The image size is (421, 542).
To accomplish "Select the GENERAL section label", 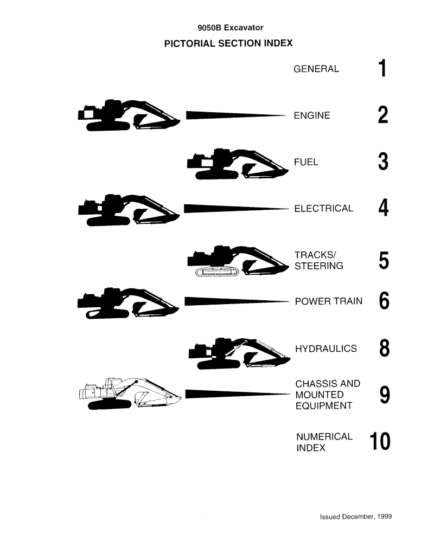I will point(316,69).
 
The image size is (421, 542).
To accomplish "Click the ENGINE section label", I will point(311,115).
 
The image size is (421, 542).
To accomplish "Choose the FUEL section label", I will point(306,162).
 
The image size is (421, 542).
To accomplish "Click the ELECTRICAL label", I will point(323,209).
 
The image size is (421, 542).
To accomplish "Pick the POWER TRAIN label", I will point(328,301).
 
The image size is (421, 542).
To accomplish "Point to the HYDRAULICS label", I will point(326,349).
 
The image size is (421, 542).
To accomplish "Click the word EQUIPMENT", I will point(324,406).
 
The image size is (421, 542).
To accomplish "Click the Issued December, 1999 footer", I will point(355,517).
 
